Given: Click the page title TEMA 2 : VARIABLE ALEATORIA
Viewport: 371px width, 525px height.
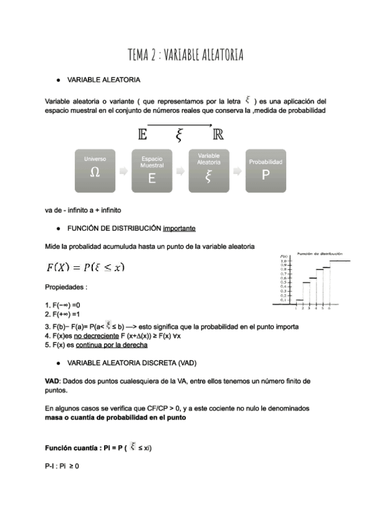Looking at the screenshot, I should (x=185, y=55).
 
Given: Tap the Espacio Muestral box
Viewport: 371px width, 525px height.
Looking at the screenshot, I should (x=152, y=170).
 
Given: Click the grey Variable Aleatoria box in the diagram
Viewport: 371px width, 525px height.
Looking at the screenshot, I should (x=208, y=170).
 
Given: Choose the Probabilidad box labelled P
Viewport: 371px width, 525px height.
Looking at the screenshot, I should (x=265, y=170).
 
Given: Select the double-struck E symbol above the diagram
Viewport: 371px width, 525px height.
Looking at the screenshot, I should (x=142, y=134).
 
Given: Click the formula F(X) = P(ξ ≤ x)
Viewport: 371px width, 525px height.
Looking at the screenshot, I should (x=85, y=267).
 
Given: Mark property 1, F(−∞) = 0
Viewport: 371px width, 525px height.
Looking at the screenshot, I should (x=63, y=305).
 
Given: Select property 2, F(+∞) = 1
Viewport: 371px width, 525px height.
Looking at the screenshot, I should (x=63, y=315).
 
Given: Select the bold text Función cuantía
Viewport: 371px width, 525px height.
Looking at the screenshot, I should (x=72, y=448).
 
